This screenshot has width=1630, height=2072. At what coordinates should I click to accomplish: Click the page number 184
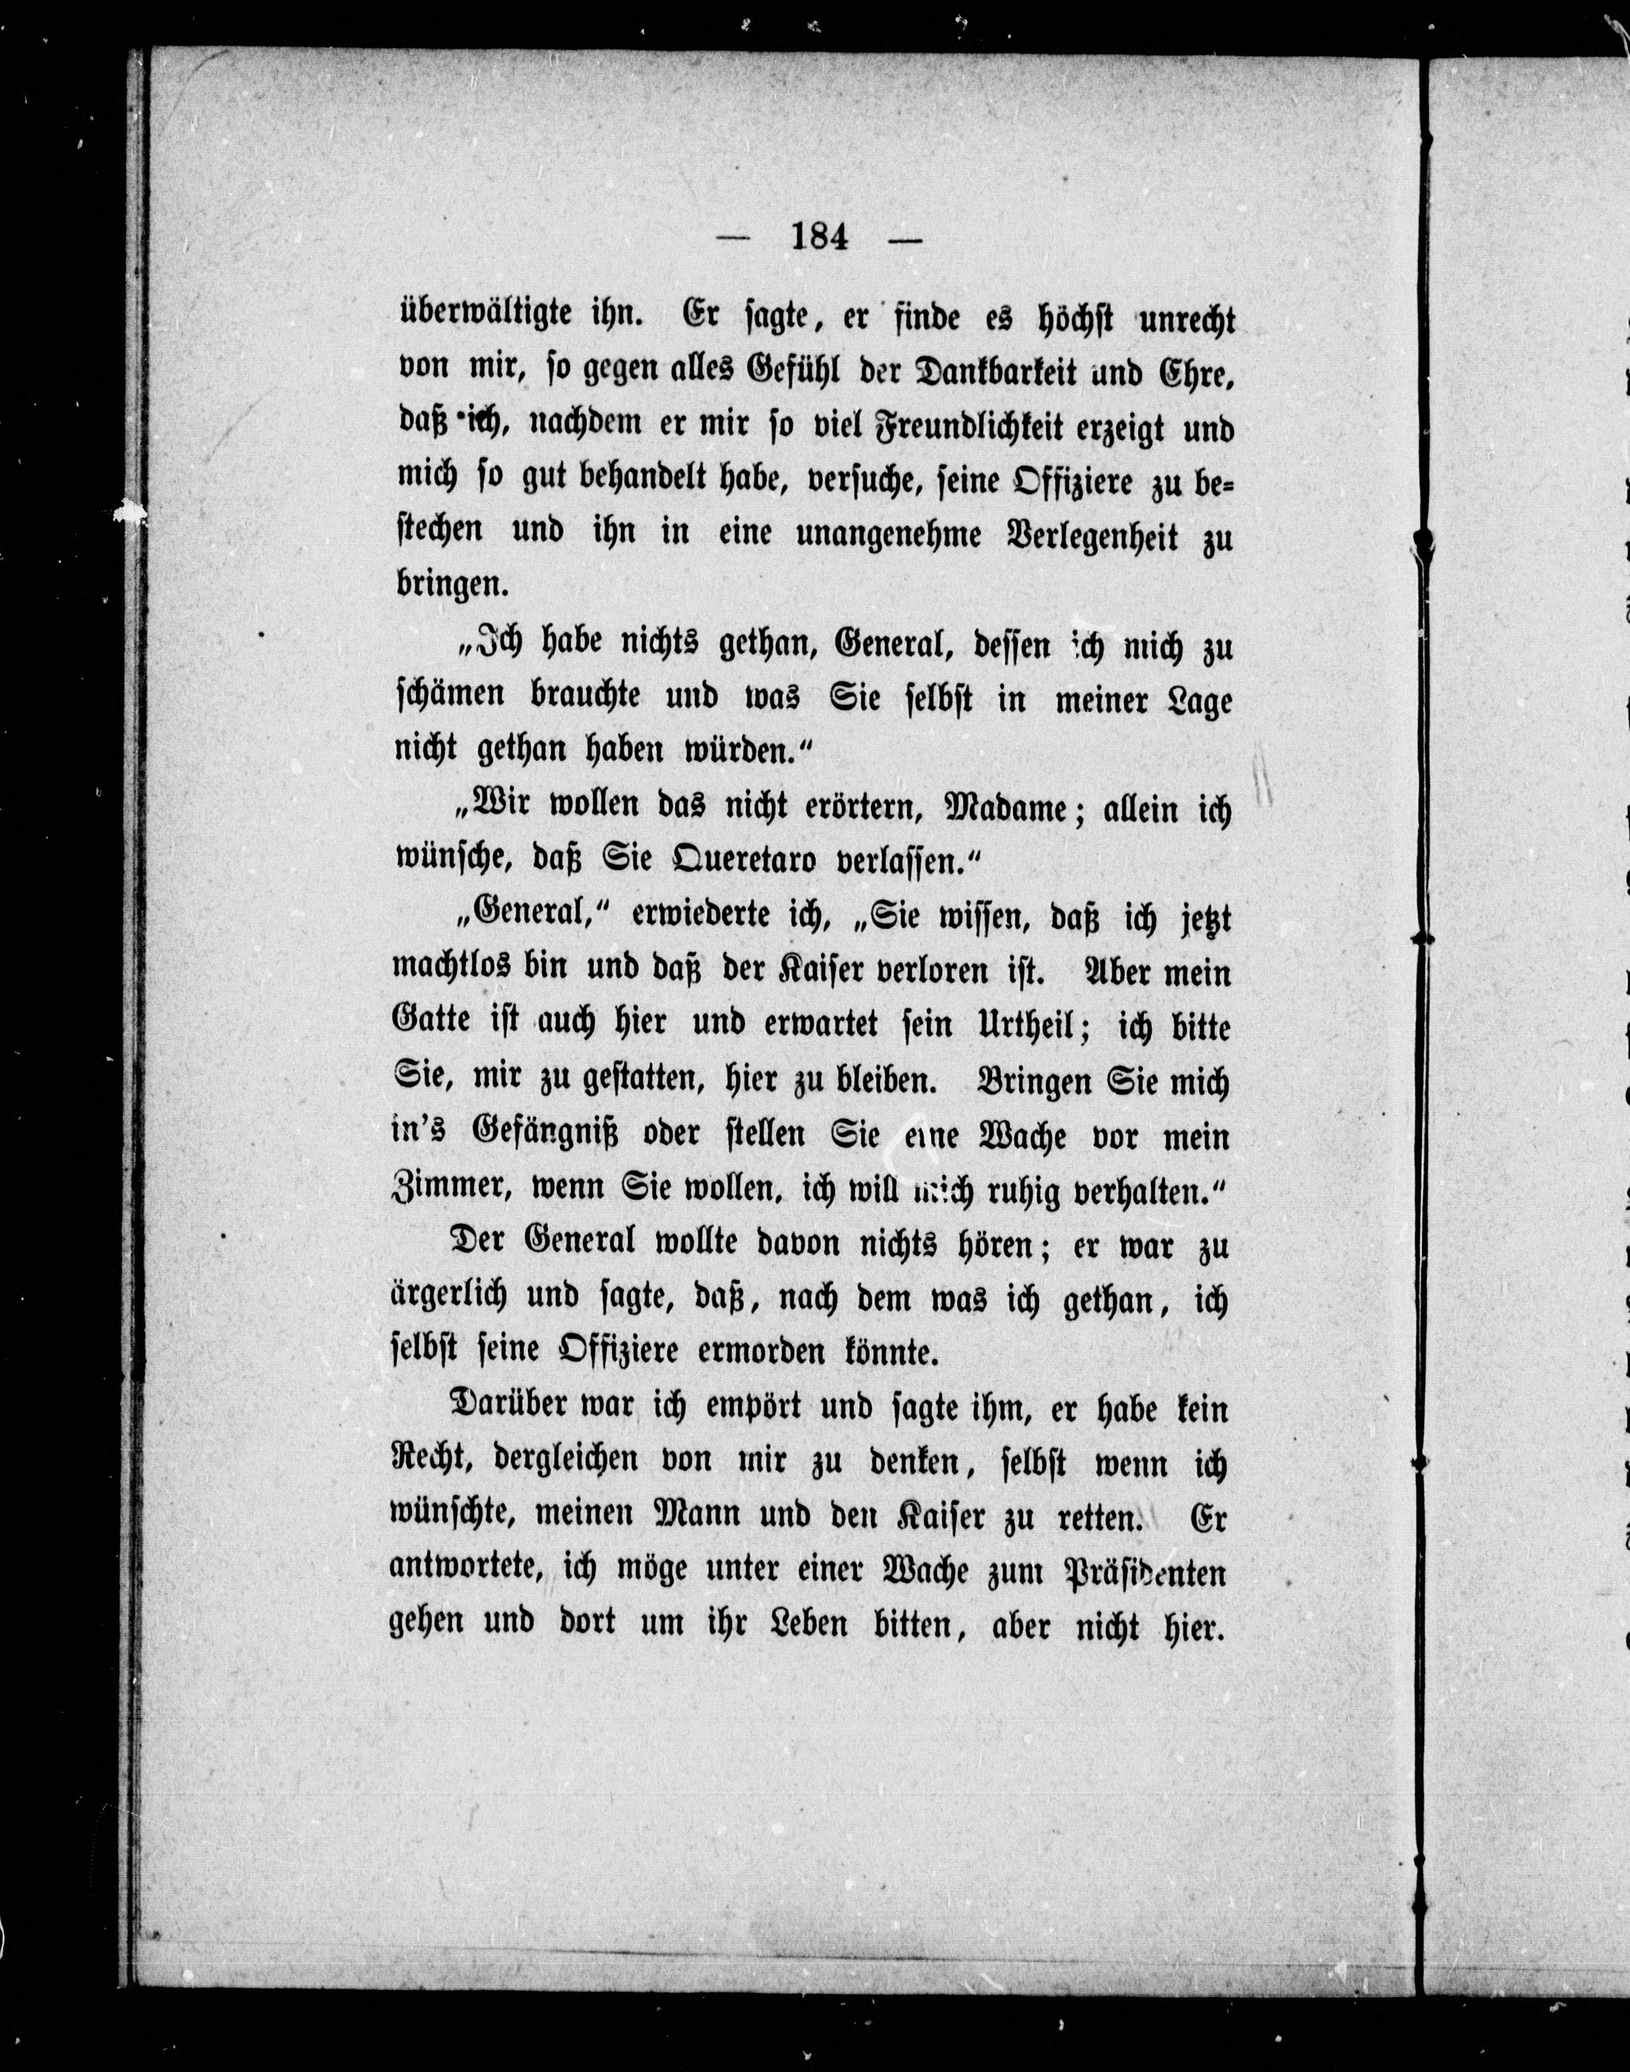820,236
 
